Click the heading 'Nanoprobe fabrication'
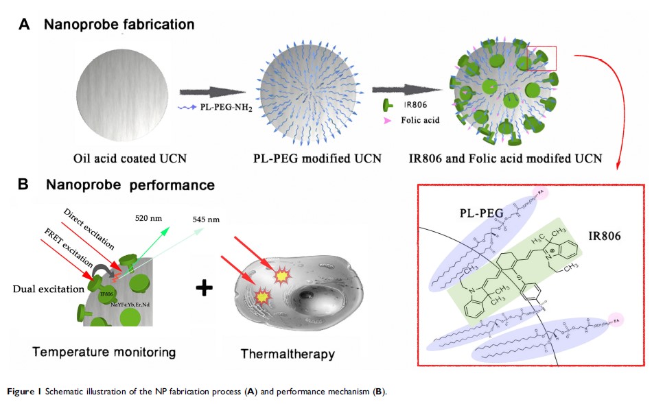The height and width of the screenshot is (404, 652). [119, 25]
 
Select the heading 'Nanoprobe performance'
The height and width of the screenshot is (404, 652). [130, 185]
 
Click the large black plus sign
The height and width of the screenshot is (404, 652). [203, 287]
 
